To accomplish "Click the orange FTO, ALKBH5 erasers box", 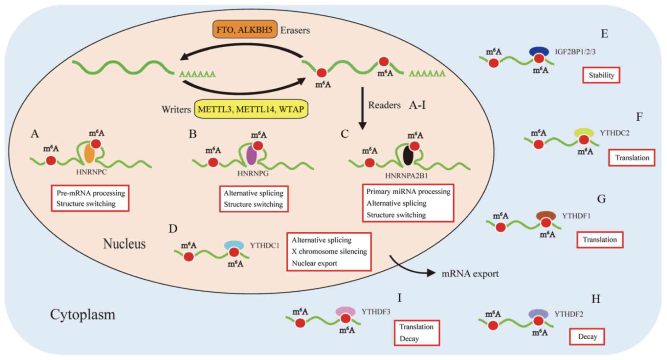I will (x=245, y=30).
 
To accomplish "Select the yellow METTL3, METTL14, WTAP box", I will (x=251, y=109).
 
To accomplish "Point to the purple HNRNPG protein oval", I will (x=251, y=155).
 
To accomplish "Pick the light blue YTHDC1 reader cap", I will (x=234, y=245).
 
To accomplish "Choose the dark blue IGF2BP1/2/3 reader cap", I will (x=539, y=51).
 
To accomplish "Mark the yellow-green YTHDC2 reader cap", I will (x=584, y=132).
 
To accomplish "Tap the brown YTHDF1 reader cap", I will (x=546, y=215).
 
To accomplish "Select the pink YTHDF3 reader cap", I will (x=345, y=311).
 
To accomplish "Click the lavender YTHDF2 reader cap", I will (x=538, y=313).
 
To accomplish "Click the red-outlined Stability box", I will (x=601, y=75).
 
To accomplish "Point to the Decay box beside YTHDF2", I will (x=587, y=336).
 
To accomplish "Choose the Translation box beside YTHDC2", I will (x=632, y=158).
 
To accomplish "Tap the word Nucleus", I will (x=124, y=244).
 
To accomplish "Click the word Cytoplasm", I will (x=82, y=314).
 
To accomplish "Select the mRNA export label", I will (x=470, y=273).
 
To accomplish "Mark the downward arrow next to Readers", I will (x=362, y=108).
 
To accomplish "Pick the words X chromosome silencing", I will (x=329, y=251).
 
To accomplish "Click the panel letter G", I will (x=601, y=199).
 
